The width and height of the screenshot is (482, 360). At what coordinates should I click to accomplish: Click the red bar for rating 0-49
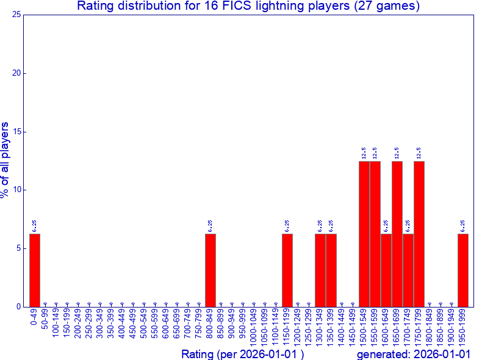(x=35, y=270)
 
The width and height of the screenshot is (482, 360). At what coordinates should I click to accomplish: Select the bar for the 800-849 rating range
(x=210, y=270)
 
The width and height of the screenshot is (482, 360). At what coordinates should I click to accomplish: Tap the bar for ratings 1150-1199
(x=287, y=270)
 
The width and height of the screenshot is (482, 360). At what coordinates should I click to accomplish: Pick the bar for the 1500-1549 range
(x=364, y=234)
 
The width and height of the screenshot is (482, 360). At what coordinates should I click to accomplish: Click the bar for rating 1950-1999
(x=463, y=270)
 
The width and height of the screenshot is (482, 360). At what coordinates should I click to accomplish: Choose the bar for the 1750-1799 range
(x=419, y=234)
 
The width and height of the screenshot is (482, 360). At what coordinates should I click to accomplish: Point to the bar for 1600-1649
(x=386, y=270)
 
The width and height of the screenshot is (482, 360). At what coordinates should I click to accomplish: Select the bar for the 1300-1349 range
(x=320, y=270)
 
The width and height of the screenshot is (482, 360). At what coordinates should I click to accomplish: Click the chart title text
(x=248, y=7)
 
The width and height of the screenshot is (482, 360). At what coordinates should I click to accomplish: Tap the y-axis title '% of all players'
(x=5, y=160)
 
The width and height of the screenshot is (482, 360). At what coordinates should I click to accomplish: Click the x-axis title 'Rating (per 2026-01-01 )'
(x=242, y=354)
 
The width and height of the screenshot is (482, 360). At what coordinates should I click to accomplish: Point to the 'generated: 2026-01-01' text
(x=414, y=354)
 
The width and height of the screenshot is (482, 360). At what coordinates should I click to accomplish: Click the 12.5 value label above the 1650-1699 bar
(x=397, y=153)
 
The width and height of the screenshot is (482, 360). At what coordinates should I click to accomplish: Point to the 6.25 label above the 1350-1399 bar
(x=331, y=226)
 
